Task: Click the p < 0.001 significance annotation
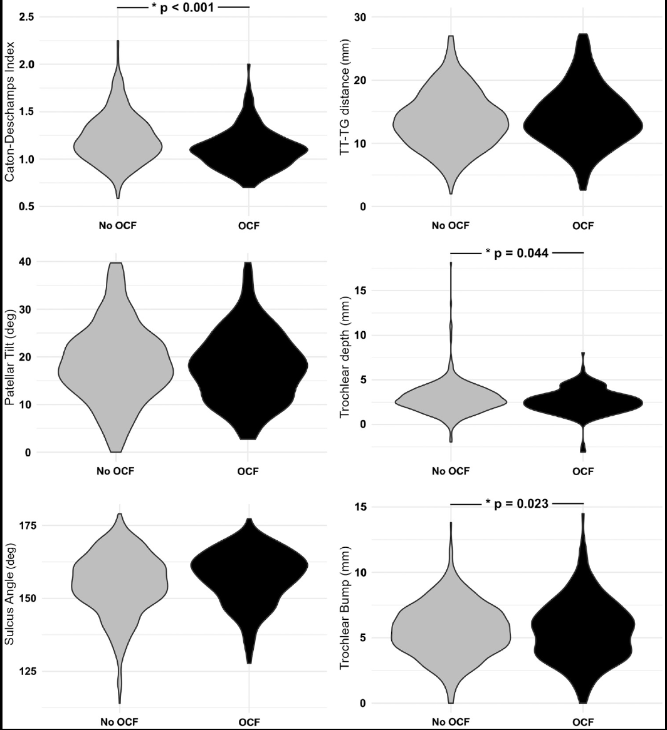183,8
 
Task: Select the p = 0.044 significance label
517,254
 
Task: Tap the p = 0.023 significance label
517,503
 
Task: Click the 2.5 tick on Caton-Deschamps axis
26,17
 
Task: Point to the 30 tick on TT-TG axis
360,17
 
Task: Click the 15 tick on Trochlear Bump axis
360,506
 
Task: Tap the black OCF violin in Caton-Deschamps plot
249,150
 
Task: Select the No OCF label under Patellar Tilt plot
117,471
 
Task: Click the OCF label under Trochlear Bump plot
582,722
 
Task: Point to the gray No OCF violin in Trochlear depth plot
451,401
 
